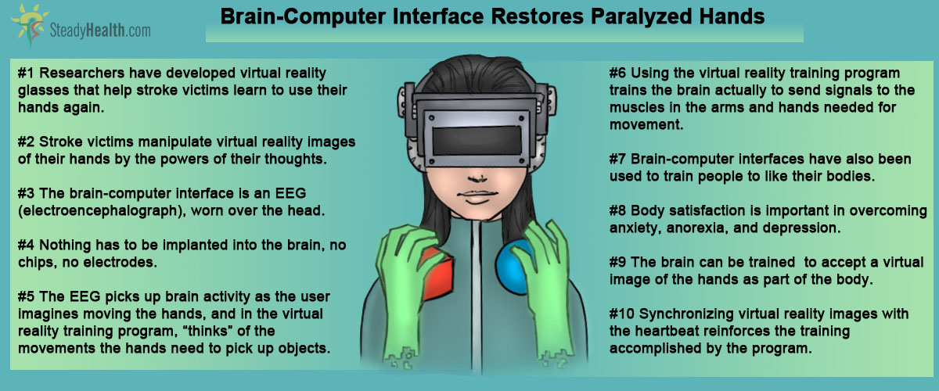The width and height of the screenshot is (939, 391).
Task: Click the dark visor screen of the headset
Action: coord(477,141)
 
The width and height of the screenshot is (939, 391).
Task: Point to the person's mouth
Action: coord(477,196)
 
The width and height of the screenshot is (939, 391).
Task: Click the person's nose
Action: coord(477,178)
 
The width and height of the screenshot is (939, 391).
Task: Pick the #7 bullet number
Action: coord(618,160)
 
